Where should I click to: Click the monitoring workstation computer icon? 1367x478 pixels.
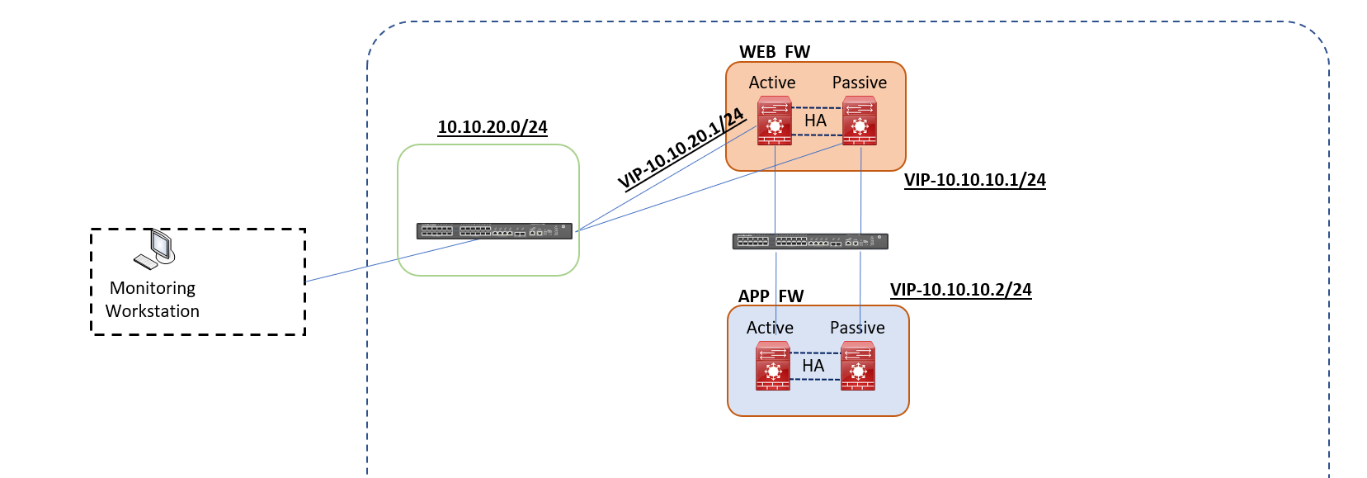156,248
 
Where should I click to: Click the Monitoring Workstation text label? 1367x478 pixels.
153,300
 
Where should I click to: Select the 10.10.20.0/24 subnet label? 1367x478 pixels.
493,127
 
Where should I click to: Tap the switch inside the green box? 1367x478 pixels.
493,231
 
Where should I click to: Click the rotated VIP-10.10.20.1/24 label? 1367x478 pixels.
681,149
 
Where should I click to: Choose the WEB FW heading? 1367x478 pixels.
775,52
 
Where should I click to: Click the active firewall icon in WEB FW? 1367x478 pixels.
775,121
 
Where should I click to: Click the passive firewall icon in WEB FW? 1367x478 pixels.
860,121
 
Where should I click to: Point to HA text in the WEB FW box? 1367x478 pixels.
816,121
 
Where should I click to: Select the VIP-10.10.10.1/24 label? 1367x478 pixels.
974,180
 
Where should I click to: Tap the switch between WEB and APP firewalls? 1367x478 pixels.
810,241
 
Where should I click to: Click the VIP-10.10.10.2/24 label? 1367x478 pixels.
960,290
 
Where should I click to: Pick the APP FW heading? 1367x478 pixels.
771,296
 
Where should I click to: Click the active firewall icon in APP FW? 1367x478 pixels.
773,366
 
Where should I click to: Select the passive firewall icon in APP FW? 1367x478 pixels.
858,366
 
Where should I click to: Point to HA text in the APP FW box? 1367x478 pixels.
813,366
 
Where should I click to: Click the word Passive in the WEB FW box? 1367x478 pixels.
859,83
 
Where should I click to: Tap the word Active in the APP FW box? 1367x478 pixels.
770,328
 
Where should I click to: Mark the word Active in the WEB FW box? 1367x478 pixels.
772,83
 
